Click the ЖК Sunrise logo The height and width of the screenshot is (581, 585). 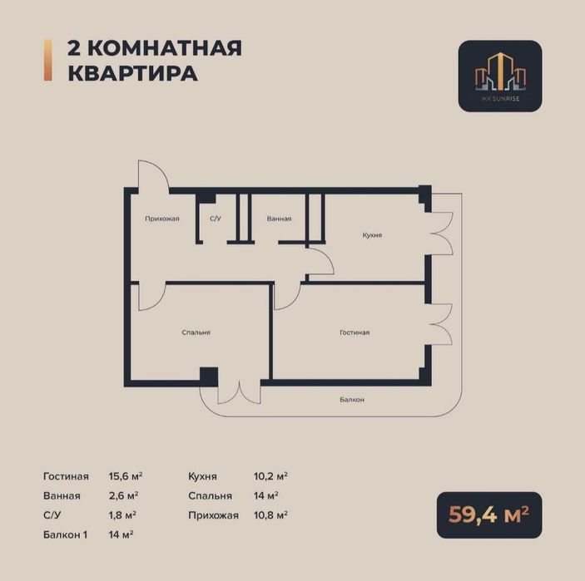pos(500,76)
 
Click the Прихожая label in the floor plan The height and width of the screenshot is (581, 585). pos(162,219)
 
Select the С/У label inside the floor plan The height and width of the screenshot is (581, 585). pos(215,219)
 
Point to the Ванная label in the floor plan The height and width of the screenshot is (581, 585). pos(279,219)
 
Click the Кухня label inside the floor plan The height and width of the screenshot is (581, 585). pos(372,235)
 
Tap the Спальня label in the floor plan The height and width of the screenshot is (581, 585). pos(196,332)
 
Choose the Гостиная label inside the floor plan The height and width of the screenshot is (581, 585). pos(354,332)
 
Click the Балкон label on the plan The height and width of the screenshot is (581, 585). pos(351,400)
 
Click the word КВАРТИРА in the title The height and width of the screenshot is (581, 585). pos(132,73)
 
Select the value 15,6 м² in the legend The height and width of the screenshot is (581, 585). pos(126,476)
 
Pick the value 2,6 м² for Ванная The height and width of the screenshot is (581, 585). pos(123,495)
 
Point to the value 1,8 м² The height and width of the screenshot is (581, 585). pos(122,515)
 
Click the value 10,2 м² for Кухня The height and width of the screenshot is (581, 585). pos(270,476)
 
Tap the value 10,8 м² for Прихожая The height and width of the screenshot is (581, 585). pos(270,515)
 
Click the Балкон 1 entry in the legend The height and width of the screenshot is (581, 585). pos(67,534)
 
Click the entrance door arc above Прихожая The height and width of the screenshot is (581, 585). pos(155,175)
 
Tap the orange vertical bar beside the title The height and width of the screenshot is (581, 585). pos(47,61)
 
